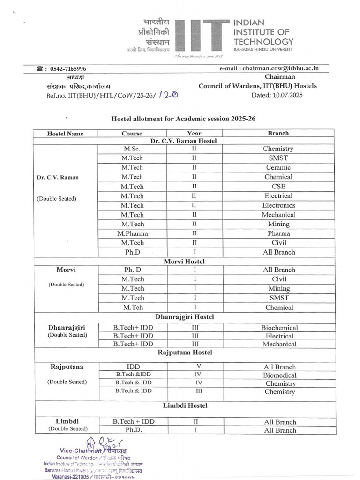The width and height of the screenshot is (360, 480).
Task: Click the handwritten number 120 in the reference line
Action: pos(168,95)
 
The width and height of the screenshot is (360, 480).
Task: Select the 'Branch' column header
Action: pos(278,133)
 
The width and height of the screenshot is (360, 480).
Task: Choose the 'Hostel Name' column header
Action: pos(65,134)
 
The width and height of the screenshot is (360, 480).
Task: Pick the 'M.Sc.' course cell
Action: pos(132,149)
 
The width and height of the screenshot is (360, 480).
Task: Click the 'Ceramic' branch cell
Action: pos(278,167)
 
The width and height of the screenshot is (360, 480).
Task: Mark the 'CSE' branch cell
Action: pos(278,187)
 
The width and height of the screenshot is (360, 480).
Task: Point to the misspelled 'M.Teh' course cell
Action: pos(133,307)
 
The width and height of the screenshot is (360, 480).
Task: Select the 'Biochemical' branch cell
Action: pos(279,328)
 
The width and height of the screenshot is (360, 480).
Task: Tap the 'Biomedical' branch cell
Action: pos(280,375)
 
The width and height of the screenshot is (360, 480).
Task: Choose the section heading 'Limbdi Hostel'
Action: pos(185,405)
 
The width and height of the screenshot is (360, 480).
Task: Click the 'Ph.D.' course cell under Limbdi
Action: pos(133,430)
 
